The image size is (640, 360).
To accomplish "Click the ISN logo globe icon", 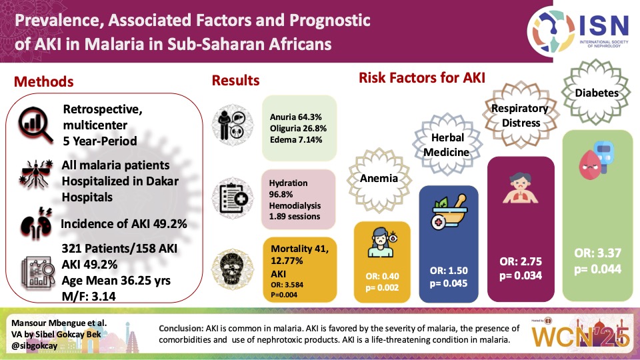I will pyautogui.click(x=551, y=29).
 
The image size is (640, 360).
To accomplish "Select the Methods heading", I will pyautogui.click(x=44, y=82).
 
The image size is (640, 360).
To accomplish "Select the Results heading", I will pyautogui.click(x=235, y=81).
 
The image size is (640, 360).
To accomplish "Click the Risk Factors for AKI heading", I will pyautogui.click(x=421, y=78).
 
